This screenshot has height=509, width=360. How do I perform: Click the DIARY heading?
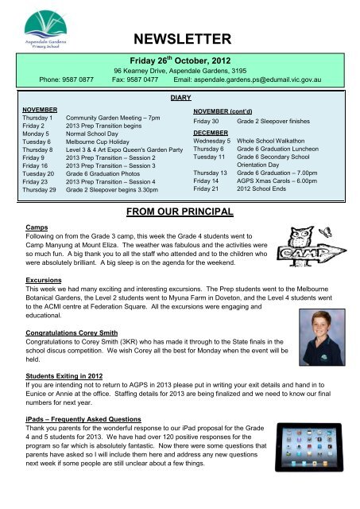point(180,95)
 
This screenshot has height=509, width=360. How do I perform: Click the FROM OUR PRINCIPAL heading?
point(179,212)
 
